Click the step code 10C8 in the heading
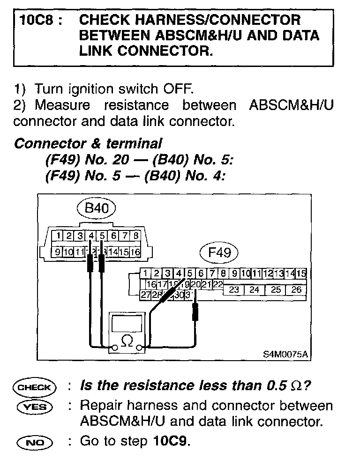[x=36, y=21]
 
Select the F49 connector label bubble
[x=219, y=253]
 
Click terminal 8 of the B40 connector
[x=136, y=235]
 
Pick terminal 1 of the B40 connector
[x=57, y=235]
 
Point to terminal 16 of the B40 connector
[x=135, y=252]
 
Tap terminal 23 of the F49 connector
[x=234, y=289]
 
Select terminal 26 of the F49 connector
[x=296, y=289]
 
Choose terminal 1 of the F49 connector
[x=146, y=273]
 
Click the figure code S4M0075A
[x=285, y=354]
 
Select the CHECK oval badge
[x=35, y=387]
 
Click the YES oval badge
[x=35, y=406]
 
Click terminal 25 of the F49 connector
[x=276, y=289]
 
